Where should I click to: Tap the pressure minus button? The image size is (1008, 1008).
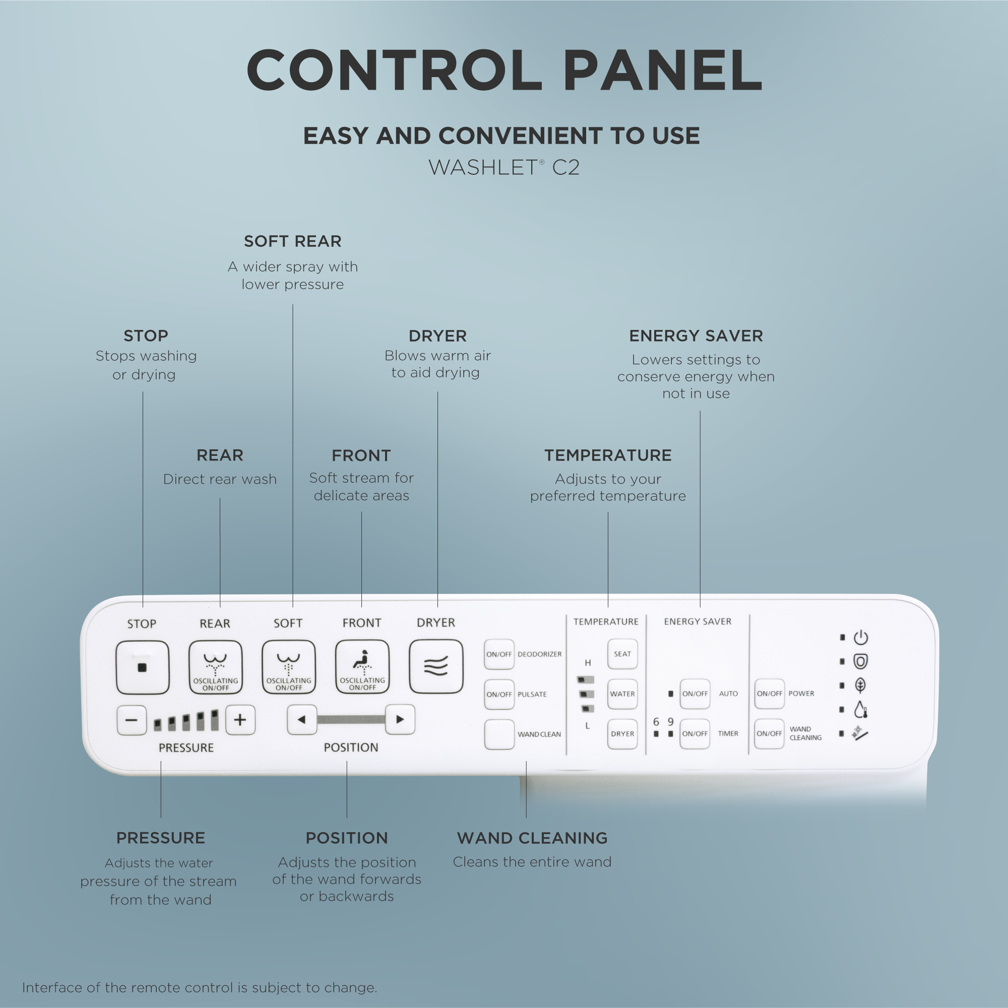[132, 720]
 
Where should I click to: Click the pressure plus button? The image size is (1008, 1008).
[240, 720]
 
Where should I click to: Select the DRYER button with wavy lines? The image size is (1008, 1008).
[436, 666]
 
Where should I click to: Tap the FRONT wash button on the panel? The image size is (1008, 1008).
[362, 666]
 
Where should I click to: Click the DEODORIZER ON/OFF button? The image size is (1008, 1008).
[499, 654]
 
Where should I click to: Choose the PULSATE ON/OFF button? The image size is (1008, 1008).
[499, 695]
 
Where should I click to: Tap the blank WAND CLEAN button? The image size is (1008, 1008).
[499, 734]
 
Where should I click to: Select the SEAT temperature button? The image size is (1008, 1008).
[622, 654]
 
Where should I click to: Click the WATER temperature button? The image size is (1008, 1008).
[622, 694]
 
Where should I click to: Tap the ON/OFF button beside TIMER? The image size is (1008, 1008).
[695, 733]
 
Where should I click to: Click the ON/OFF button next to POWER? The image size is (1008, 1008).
[770, 693]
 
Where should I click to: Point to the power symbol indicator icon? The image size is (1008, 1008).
[861, 638]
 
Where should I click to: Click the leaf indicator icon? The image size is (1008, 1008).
[861, 685]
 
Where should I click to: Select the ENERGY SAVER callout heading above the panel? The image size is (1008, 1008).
[696, 335]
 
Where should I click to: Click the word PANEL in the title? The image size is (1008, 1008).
[662, 71]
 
